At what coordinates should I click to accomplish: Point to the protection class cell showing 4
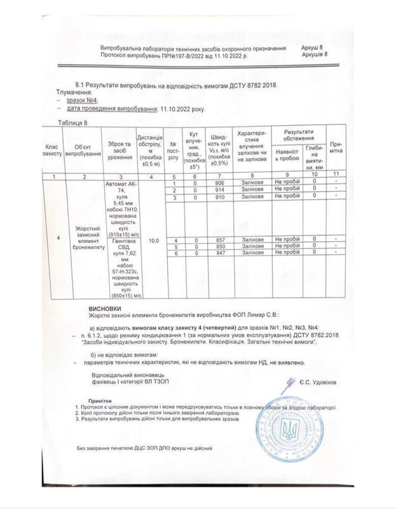pyautogui.click(x=58, y=238)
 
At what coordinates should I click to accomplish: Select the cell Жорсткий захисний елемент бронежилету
pyautogui.click(x=86, y=238)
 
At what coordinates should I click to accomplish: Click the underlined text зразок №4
pyautogui.click(x=81, y=101)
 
